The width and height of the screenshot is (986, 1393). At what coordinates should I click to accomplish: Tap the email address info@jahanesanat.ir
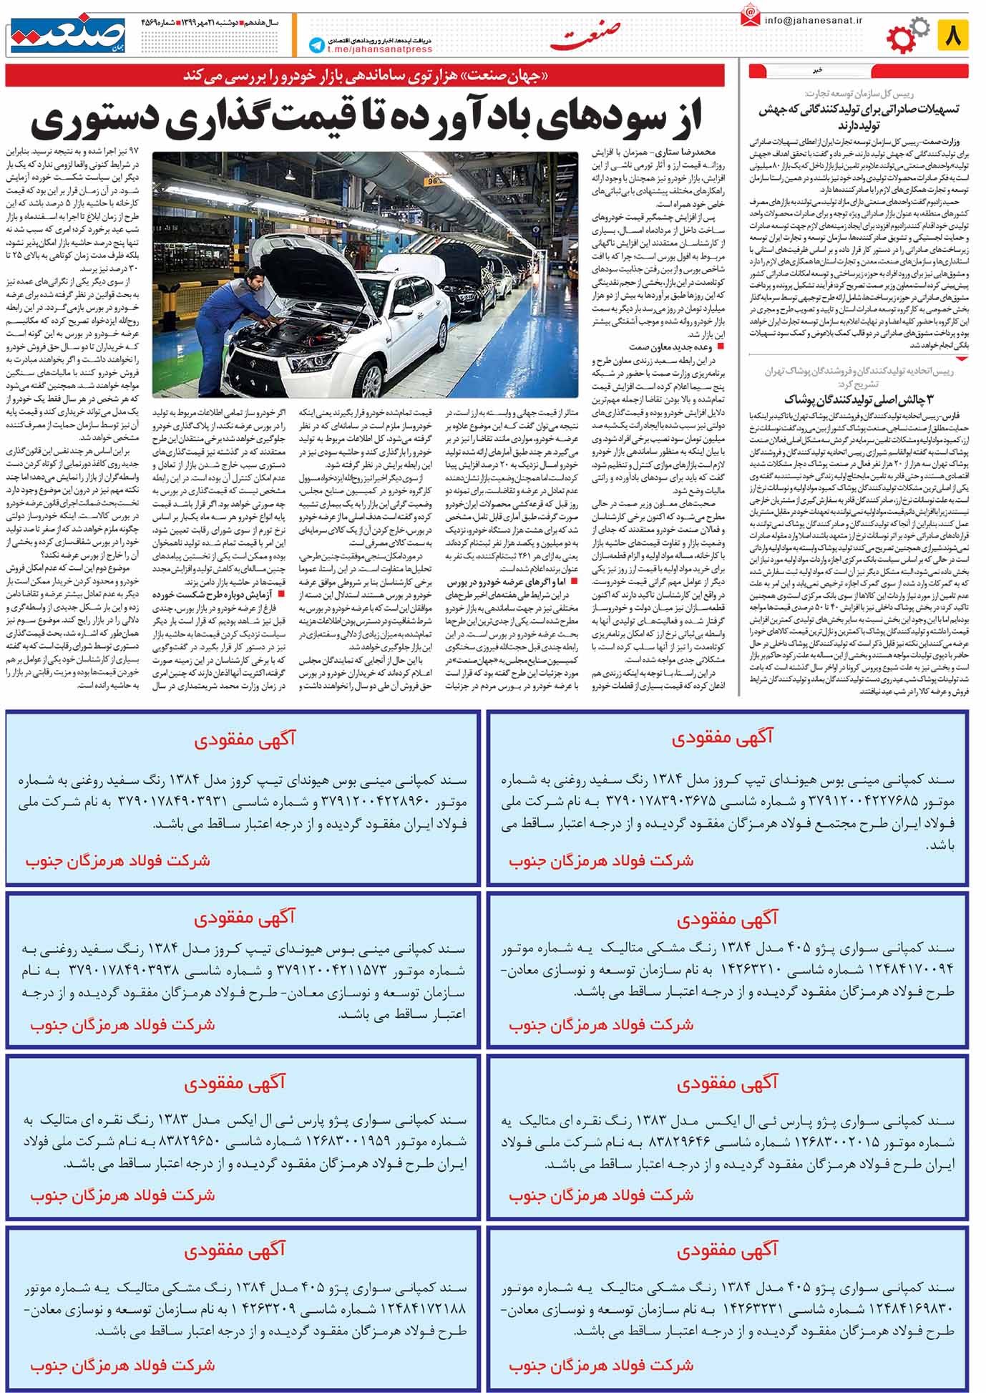(x=813, y=20)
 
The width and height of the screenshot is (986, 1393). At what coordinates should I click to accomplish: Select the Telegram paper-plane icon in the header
(x=316, y=45)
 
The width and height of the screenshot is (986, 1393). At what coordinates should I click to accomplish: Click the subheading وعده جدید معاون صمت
(x=670, y=346)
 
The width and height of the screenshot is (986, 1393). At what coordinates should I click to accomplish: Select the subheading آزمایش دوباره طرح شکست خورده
(x=215, y=594)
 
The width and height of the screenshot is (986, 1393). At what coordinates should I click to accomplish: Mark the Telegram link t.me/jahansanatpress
(x=380, y=49)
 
